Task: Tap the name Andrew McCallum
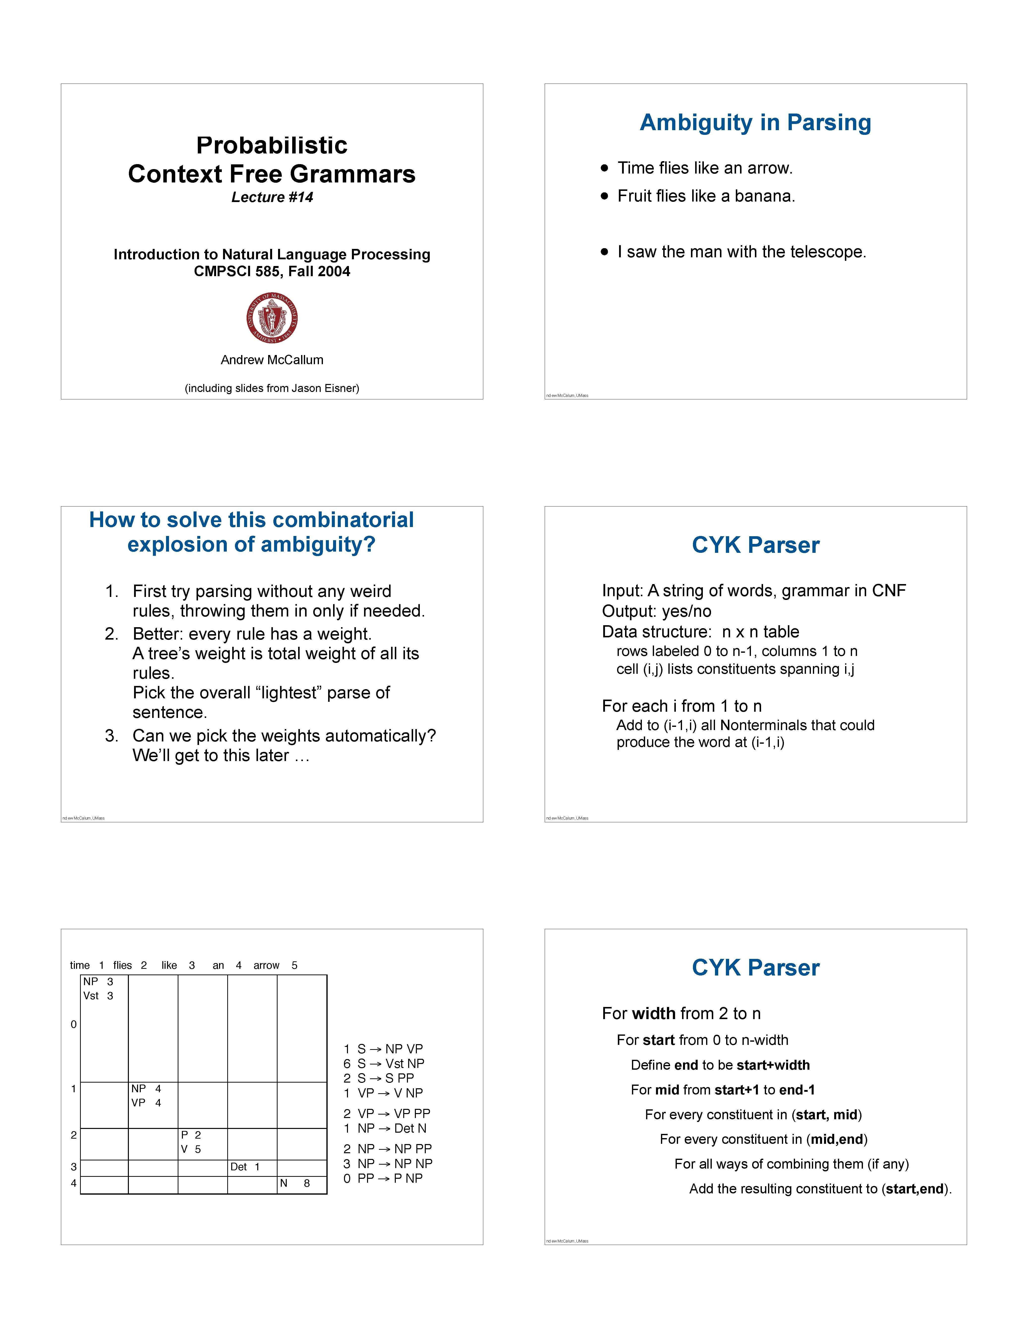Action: click(272, 360)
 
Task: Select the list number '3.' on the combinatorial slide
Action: click(111, 736)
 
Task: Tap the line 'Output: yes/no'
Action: click(657, 611)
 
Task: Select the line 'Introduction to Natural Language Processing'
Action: click(272, 254)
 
